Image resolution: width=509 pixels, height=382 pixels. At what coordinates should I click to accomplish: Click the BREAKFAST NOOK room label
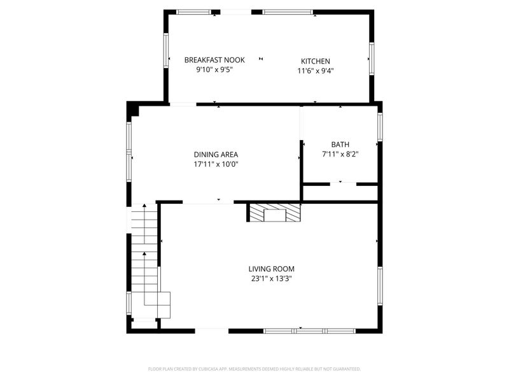point(214,60)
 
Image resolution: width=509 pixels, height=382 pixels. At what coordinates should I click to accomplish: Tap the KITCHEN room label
point(315,61)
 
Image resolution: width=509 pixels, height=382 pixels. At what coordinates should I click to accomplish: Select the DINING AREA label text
point(216,155)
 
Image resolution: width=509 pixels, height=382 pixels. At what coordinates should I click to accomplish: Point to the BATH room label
point(340,145)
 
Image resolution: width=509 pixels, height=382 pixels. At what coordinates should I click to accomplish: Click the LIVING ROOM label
point(272,269)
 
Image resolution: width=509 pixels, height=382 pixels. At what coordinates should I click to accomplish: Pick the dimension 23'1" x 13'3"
point(272,279)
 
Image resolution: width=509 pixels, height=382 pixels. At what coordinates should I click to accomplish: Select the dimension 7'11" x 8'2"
point(340,154)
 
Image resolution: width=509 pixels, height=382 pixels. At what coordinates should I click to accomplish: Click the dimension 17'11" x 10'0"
point(216,164)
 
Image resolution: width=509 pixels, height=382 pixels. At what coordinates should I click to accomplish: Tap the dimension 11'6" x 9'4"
point(316,71)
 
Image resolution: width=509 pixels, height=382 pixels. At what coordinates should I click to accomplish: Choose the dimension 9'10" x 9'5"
point(214,69)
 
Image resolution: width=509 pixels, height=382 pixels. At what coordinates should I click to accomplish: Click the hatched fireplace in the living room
point(275,213)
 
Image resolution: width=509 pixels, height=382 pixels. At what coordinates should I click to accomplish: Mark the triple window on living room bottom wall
point(309,331)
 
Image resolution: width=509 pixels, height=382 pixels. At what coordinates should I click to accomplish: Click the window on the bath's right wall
point(380,127)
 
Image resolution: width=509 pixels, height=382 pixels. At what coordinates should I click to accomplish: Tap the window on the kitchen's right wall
point(372,59)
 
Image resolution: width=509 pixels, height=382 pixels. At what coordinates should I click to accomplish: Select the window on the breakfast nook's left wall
point(166,51)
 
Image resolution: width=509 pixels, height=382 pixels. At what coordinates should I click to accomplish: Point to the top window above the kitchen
point(288,12)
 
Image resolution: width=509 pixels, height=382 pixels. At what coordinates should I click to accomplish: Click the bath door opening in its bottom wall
point(343,184)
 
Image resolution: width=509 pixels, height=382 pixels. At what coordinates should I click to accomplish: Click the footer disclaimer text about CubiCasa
point(254,369)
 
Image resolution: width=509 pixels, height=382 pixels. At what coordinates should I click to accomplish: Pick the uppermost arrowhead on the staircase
point(144,205)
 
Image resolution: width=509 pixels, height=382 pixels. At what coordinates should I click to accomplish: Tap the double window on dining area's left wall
point(129,152)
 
